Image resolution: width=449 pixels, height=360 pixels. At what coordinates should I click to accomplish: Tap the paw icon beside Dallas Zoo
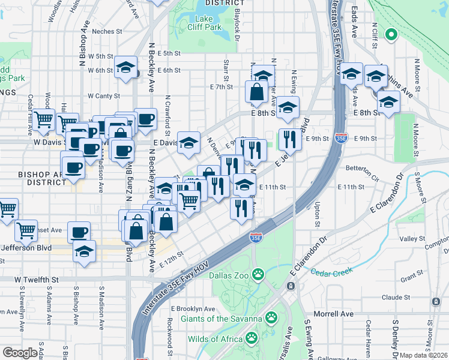258,274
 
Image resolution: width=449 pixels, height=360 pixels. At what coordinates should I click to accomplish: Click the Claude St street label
395,297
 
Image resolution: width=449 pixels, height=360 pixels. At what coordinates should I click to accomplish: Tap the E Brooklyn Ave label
193,308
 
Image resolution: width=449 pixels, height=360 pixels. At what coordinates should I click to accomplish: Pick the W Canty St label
104,95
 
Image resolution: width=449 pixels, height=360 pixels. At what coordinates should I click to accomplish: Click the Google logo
20,353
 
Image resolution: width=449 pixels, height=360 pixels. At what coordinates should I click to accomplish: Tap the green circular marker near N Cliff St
391,35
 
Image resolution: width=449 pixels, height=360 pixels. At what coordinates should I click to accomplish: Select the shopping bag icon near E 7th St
256,92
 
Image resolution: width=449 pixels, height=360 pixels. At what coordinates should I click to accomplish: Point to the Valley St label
412,239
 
